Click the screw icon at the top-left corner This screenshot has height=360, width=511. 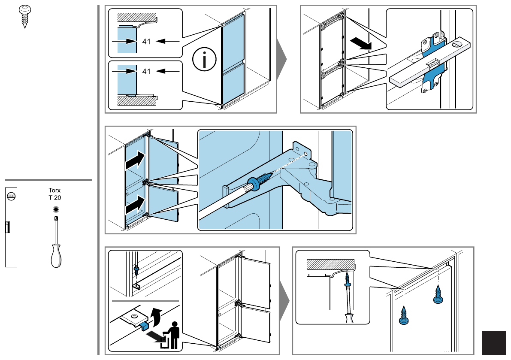click(x=25, y=16)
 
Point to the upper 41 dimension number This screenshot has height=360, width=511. click(x=146, y=41)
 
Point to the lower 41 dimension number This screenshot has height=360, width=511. click(x=146, y=71)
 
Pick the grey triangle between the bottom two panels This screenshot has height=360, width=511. click(x=284, y=300)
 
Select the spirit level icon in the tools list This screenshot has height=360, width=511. click(x=11, y=227)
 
